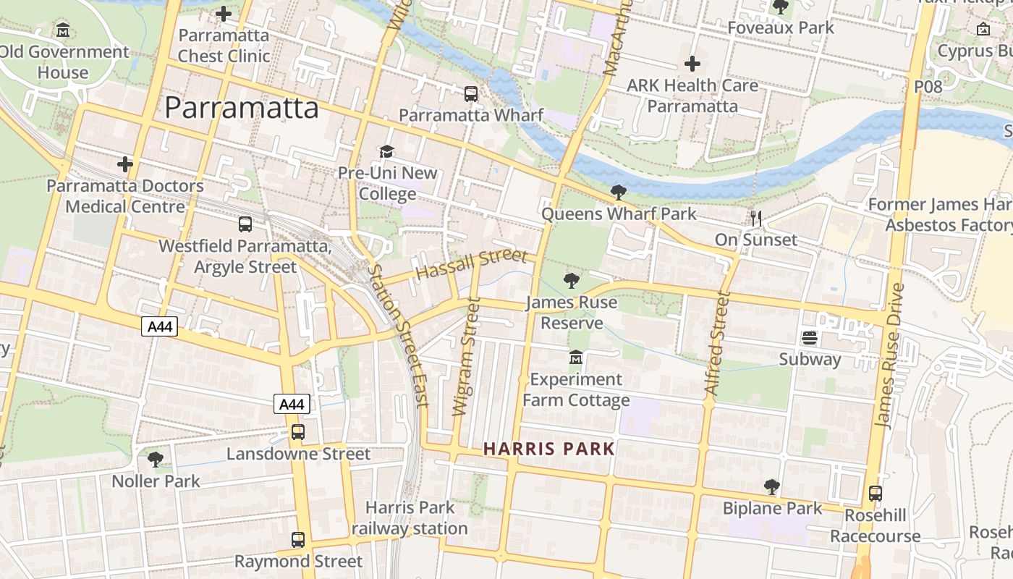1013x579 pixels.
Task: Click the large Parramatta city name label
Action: (241, 108)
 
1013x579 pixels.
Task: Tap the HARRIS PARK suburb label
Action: (548, 449)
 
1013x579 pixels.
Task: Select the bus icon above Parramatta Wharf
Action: (471, 93)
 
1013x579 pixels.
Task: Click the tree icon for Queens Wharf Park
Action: (618, 192)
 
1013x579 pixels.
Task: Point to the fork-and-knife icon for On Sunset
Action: (756, 218)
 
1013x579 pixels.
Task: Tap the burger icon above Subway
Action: (809, 338)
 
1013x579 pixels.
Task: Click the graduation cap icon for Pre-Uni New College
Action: (387, 151)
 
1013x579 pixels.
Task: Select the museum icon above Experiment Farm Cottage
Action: (576, 358)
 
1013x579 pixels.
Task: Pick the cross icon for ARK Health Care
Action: (692, 64)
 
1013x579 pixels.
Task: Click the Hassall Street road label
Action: (472, 264)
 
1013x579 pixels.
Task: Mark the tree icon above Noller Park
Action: (156, 460)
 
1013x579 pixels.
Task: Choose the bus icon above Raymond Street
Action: (298, 540)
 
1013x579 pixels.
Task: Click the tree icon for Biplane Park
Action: (772, 487)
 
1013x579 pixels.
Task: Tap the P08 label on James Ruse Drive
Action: (928, 87)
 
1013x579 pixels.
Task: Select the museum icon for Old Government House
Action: (63, 30)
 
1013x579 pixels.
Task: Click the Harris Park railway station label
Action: (410, 518)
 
